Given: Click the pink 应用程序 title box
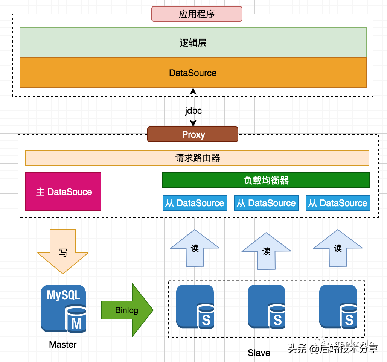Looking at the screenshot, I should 197,14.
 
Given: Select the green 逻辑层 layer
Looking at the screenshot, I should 193,43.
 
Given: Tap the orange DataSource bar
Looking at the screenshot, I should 193,73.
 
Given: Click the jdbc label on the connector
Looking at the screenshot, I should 193,111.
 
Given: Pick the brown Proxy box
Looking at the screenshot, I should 193,134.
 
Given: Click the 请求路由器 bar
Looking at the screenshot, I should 197,158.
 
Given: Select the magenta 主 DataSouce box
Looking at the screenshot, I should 63,192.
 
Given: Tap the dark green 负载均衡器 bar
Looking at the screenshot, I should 266,180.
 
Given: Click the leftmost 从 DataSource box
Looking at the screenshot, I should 195,203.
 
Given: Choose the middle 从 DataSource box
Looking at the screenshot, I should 266,203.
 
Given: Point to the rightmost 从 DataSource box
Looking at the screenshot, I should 338,203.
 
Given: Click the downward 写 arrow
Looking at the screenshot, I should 63,252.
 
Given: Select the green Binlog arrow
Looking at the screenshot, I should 127,310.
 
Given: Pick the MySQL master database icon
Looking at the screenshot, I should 63,309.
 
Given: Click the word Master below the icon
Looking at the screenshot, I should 63,344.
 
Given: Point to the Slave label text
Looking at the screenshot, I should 259,353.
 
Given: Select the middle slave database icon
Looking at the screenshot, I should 266,307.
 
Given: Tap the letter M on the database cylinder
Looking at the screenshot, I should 76,323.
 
